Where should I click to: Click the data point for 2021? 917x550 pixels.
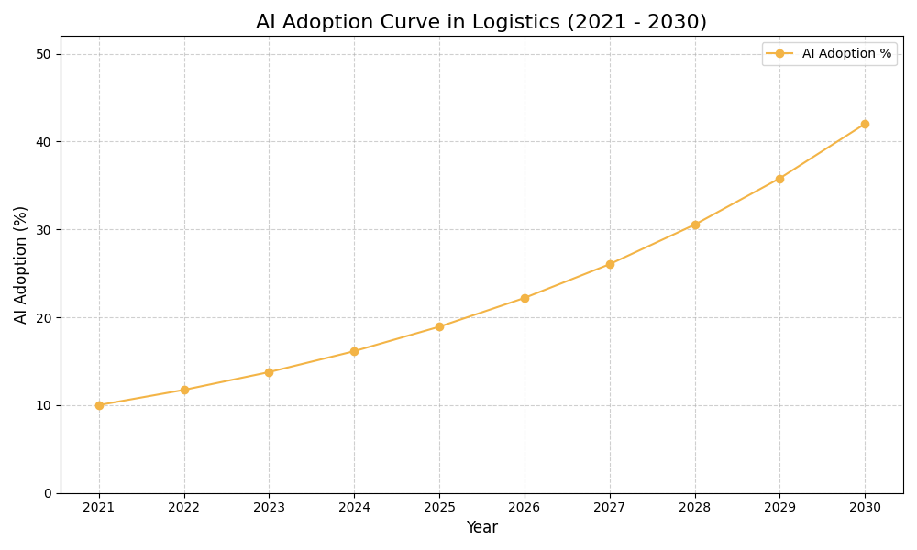[x=99, y=405]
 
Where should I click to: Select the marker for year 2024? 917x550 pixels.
[x=354, y=351]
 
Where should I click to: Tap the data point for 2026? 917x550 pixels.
[x=525, y=298]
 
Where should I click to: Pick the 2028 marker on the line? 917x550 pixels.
[x=695, y=225]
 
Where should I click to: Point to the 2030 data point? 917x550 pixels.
[x=865, y=124]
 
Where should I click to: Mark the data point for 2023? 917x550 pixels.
[x=269, y=372]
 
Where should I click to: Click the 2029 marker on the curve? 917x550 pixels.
[x=779, y=179]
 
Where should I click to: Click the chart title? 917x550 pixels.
[x=481, y=22]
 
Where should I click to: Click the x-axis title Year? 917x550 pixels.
[x=481, y=528]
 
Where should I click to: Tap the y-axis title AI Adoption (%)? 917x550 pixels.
[x=21, y=264]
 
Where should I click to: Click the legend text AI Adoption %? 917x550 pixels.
[x=846, y=54]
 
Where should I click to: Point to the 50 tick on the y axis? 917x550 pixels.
[x=43, y=54]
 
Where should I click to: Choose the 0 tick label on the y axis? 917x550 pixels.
[x=48, y=493]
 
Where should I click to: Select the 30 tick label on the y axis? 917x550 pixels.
[x=43, y=229]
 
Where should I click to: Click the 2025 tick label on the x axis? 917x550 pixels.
[x=439, y=507]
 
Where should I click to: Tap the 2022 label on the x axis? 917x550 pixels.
[x=184, y=507]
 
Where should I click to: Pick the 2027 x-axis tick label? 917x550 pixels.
[x=610, y=507]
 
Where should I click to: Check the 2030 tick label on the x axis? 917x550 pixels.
[x=865, y=507]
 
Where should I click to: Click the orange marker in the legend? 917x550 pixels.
[x=779, y=54]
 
